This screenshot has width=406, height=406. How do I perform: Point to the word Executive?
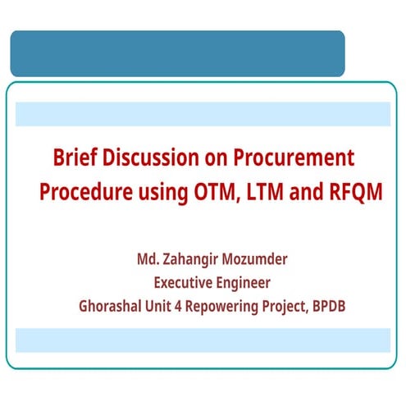[185, 284]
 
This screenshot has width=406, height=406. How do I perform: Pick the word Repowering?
[225, 308]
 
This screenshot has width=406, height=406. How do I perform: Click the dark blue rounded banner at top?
[176, 53]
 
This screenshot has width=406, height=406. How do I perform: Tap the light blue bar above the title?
[203, 114]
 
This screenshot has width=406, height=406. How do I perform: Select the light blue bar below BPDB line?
[203, 340]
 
